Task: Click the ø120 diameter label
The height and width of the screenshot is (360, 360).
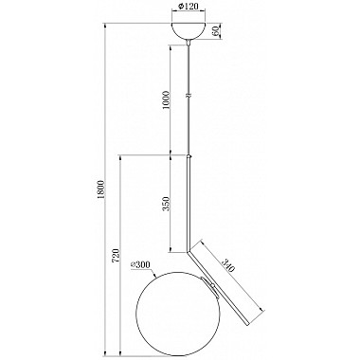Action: click(189, 7)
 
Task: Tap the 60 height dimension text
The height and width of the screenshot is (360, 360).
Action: click(216, 31)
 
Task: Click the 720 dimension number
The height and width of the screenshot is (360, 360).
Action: click(116, 256)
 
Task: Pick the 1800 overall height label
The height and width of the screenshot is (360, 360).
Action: click(100, 189)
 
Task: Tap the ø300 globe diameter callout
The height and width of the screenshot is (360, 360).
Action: click(140, 265)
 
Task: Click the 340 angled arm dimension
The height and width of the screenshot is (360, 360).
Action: click(228, 265)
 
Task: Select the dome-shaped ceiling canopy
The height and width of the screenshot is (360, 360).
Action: click(189, 30)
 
